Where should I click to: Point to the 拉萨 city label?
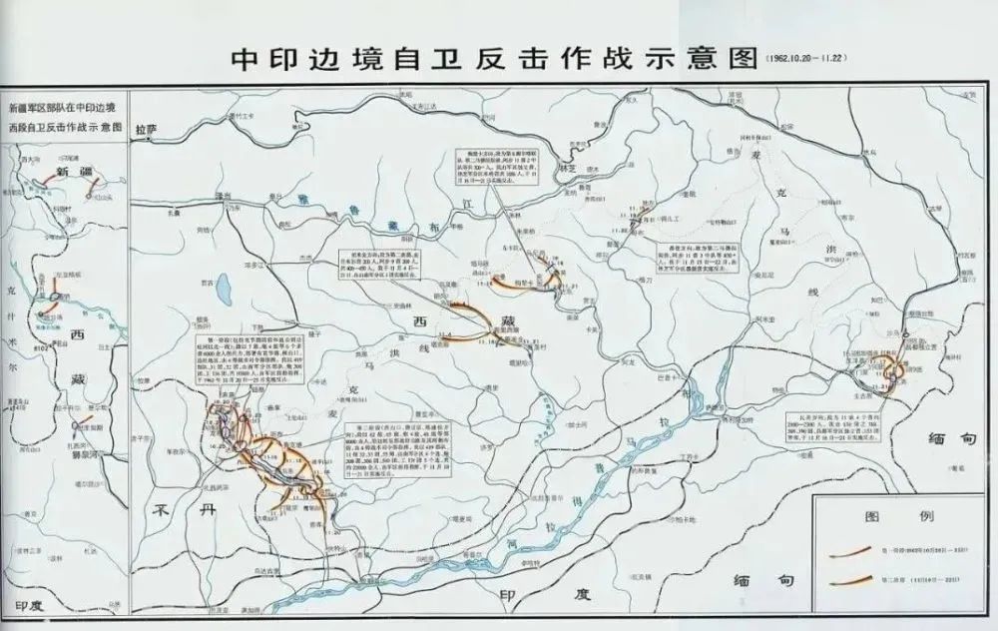point(174,128)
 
